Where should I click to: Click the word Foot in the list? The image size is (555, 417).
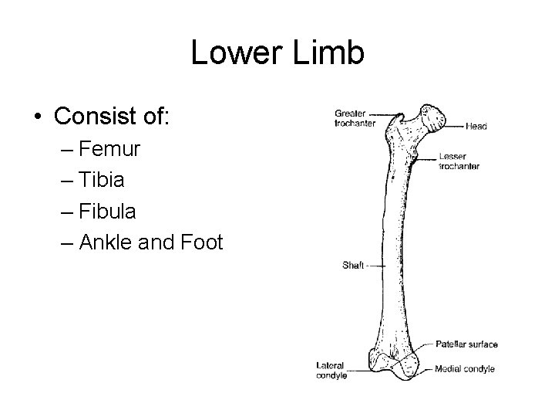point(200,242)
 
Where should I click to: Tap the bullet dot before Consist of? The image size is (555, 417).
point(39,117)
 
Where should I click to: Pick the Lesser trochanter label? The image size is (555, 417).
point(459,161)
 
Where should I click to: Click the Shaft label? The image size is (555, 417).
point(353,265)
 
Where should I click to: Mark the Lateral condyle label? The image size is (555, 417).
point(331,370)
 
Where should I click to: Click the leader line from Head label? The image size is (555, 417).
point(455,125)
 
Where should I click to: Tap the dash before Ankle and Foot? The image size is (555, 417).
point(64,242)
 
